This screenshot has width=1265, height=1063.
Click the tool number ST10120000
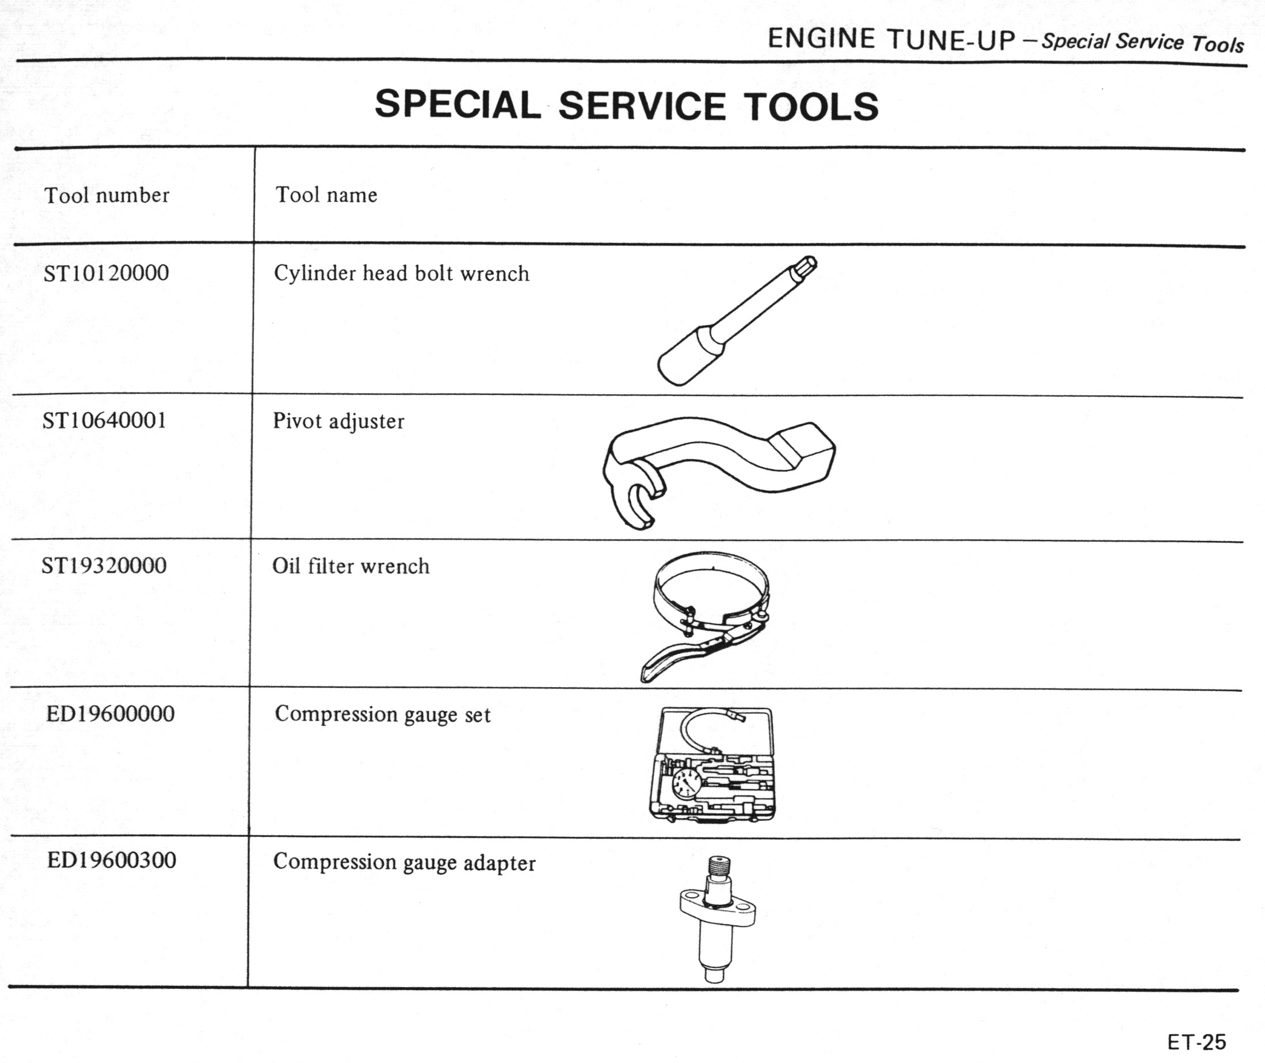tap(106, 273)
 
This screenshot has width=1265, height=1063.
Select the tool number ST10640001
tap(104, 420)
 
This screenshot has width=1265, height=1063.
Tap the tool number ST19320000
tap(104, 565)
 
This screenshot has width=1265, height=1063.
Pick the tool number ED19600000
tap(111, 714)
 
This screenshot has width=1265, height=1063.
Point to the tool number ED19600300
tap(112, 860)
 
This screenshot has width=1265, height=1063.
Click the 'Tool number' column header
tap(106, 195)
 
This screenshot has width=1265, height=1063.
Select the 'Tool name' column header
tap(327, 195)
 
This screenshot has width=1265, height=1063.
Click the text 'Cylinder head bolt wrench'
tap(401, 273)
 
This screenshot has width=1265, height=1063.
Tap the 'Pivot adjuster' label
tap(338, 421)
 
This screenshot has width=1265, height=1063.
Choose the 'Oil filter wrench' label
tap(350, 566)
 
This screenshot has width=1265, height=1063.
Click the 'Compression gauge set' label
tap(383, 715)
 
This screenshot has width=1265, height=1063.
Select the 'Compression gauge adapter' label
tap(405, 862)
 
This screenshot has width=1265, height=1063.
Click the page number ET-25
tap(1197, 1042)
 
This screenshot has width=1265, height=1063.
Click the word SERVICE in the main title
tap(642, 106)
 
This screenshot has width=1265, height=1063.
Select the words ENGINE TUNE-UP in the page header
tap(892, 39)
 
